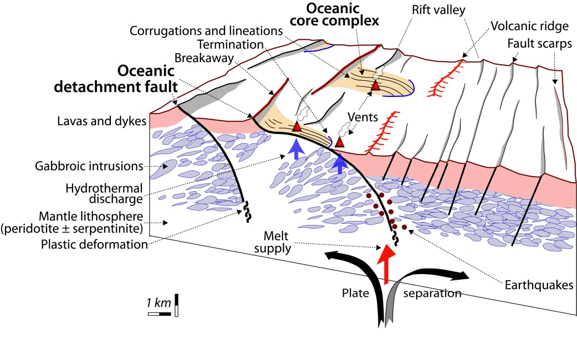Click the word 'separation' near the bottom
(x=432, y=293)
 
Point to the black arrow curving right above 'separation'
(x=443, y=275)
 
